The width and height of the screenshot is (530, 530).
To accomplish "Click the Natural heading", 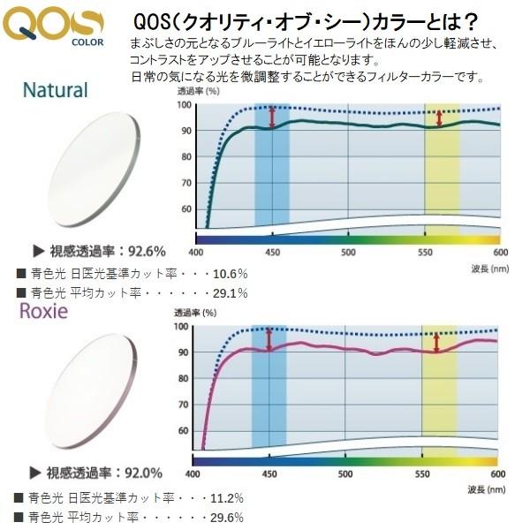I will tap(56, 90).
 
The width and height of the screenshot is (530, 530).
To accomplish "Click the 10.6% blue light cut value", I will tap(231, 273).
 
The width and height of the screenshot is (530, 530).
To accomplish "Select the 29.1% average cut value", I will tap(231, 292).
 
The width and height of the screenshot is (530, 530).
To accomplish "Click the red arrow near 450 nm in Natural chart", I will tap(272, 117).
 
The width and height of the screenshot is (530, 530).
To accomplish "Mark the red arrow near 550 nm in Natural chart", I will tap(440, 117).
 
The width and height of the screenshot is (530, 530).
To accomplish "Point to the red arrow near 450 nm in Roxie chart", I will tap(269, 338).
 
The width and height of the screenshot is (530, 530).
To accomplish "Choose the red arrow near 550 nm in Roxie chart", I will tap(436, 342).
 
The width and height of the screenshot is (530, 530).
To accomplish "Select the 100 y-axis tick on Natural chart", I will tap(184, 104).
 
